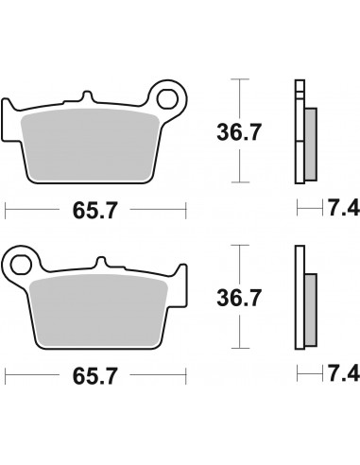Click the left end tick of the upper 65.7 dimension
[7, 205]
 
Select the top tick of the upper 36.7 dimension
[242, 81]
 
